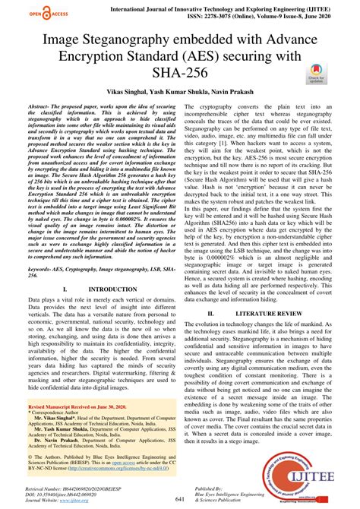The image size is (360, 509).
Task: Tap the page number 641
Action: click(180, 498)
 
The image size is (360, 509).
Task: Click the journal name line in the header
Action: click(239, 5)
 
